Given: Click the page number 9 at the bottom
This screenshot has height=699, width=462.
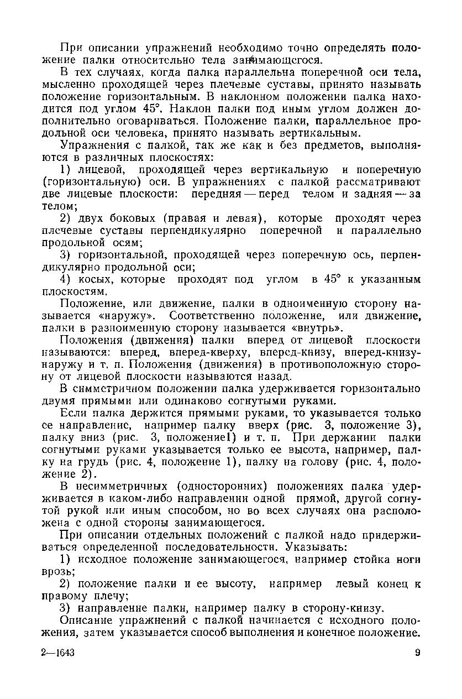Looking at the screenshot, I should click(418, 653).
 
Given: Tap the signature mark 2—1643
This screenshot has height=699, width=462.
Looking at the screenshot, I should click(58, 653).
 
